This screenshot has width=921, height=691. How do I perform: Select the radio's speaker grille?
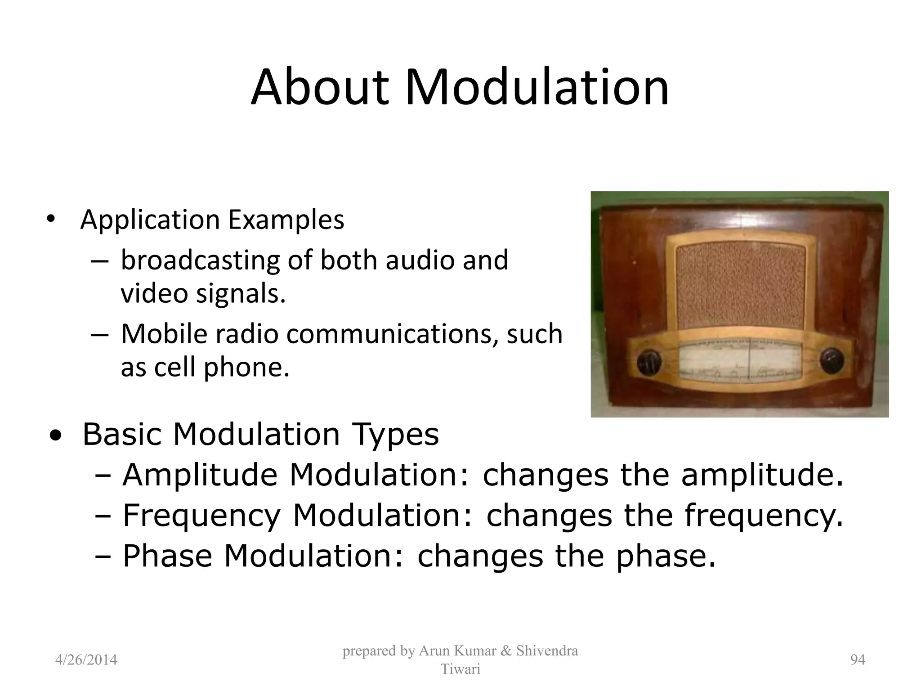point(740,287)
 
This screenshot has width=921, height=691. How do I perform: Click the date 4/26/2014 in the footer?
point(86,660)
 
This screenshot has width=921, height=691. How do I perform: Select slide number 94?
point(858,660)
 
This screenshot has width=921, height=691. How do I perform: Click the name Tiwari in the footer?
point(460,669)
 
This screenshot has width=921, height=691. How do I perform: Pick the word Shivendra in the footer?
point(547,651)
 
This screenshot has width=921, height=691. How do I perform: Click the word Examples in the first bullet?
point(286,220)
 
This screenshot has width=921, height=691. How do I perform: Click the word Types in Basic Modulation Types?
point(395,435)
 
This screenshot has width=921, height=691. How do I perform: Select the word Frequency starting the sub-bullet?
point(201,516)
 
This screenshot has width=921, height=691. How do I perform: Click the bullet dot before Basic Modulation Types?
point(56,435)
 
